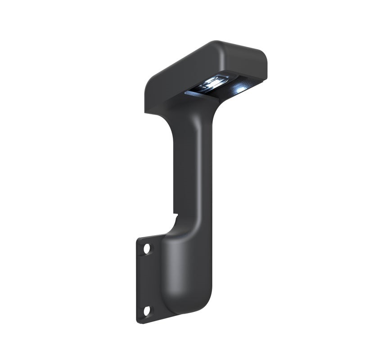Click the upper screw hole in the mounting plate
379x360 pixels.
click(146, 248)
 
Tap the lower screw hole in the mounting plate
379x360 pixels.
click(146, 310)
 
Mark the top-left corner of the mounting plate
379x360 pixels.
click(138, 239)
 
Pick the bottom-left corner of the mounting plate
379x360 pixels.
click(138, 321)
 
